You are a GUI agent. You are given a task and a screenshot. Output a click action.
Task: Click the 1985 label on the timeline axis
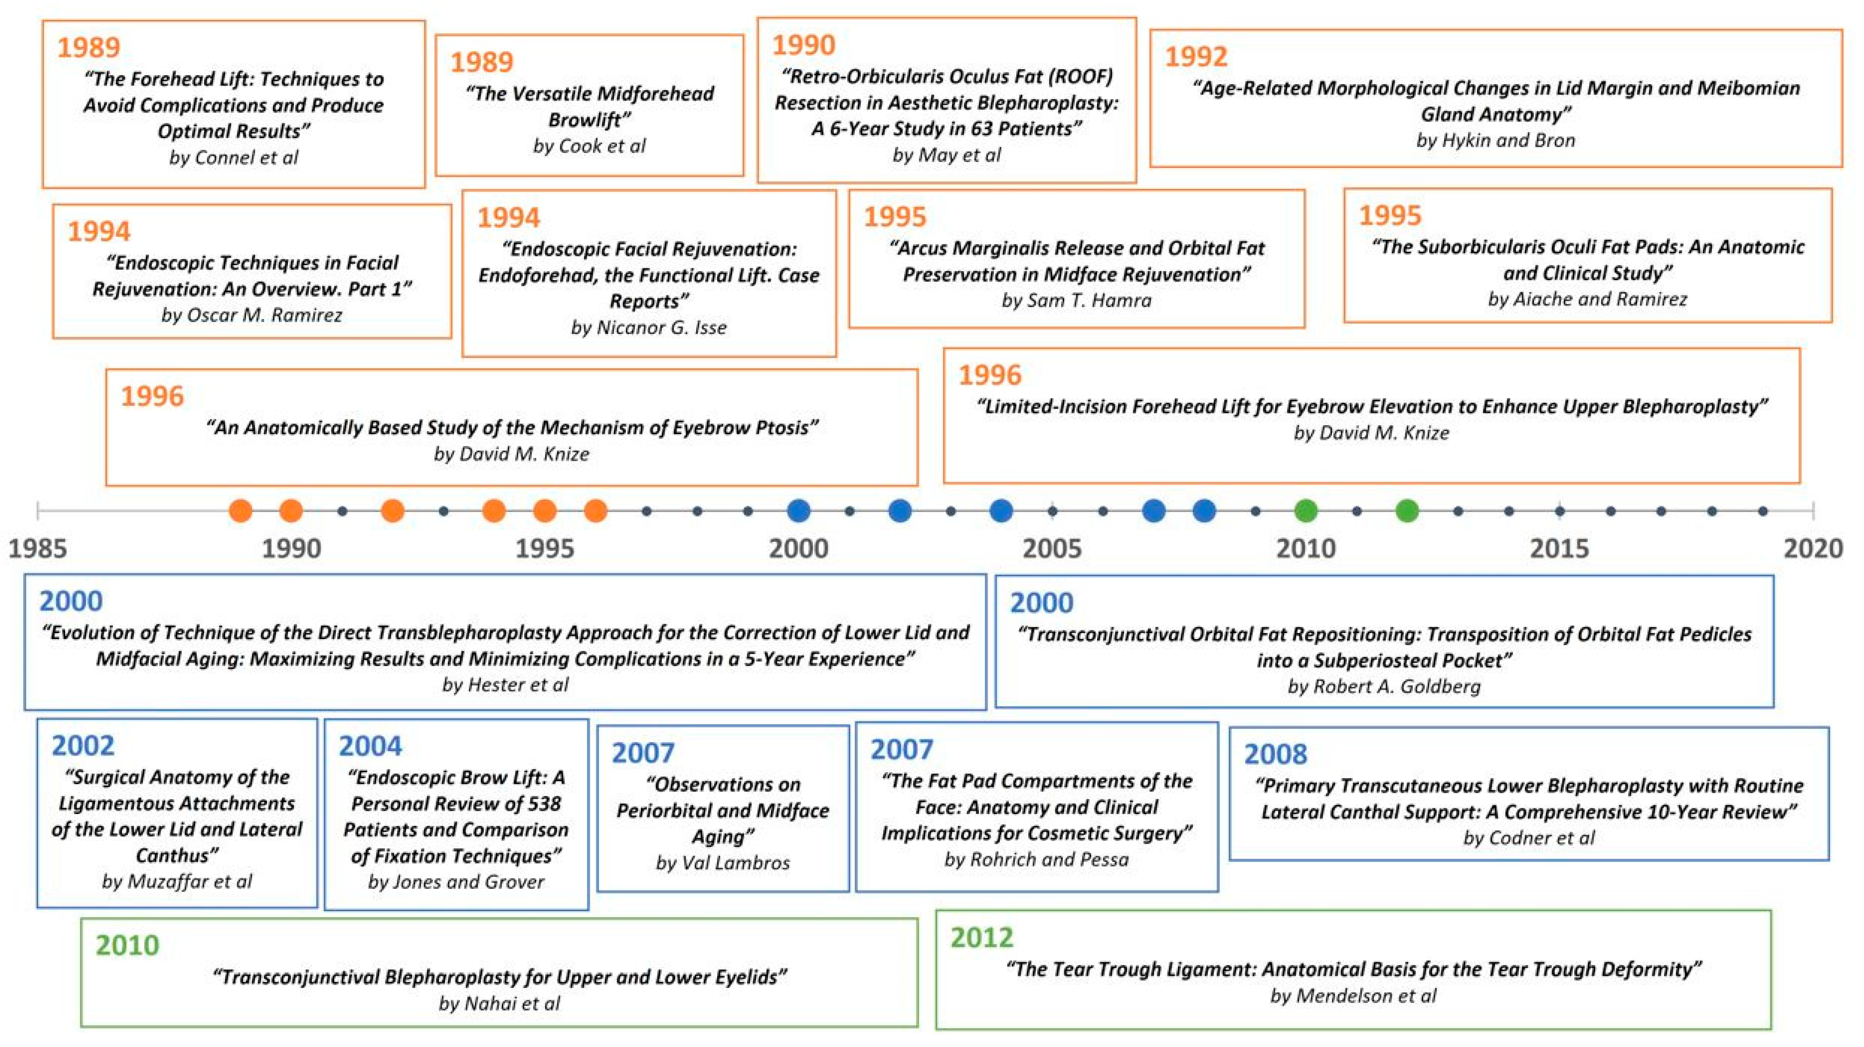pyautogui.click(x=38, y=548)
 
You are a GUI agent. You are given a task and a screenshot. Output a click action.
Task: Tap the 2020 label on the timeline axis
pyautogui.click(x=1813, y=548)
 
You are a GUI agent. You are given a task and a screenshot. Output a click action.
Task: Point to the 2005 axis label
pyautogui.click(x=1052, y=548)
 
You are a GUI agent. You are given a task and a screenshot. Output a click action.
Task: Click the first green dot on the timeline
pyautogui.click(x=1305, y=511)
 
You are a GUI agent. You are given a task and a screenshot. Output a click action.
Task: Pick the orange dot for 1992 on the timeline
pyautogui.click(x=392, y=511)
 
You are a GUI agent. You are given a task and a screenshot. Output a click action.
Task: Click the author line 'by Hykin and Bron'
pyautogui.click(x=1495, y=140)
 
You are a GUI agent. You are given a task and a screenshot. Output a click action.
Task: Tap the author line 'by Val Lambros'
pyautogui.click(x=722, y=862)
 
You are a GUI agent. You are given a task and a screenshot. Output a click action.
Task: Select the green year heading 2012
pyautogui.click(x=981, y=938)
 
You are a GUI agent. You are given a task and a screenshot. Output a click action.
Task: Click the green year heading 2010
pyautogui.click(x=127, y=945)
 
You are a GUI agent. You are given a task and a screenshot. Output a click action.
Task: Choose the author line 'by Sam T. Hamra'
pyautogui.click(x=1076, y=300)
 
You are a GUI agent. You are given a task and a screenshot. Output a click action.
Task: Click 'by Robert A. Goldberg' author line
pyautogui.click(x=1384, y=686)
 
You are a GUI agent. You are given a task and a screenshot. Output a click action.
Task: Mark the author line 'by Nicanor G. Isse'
pyautogui.click(x=648, y=328)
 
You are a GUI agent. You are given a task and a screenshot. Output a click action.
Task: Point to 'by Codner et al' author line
pyautogui.click(x=1528, y=838)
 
